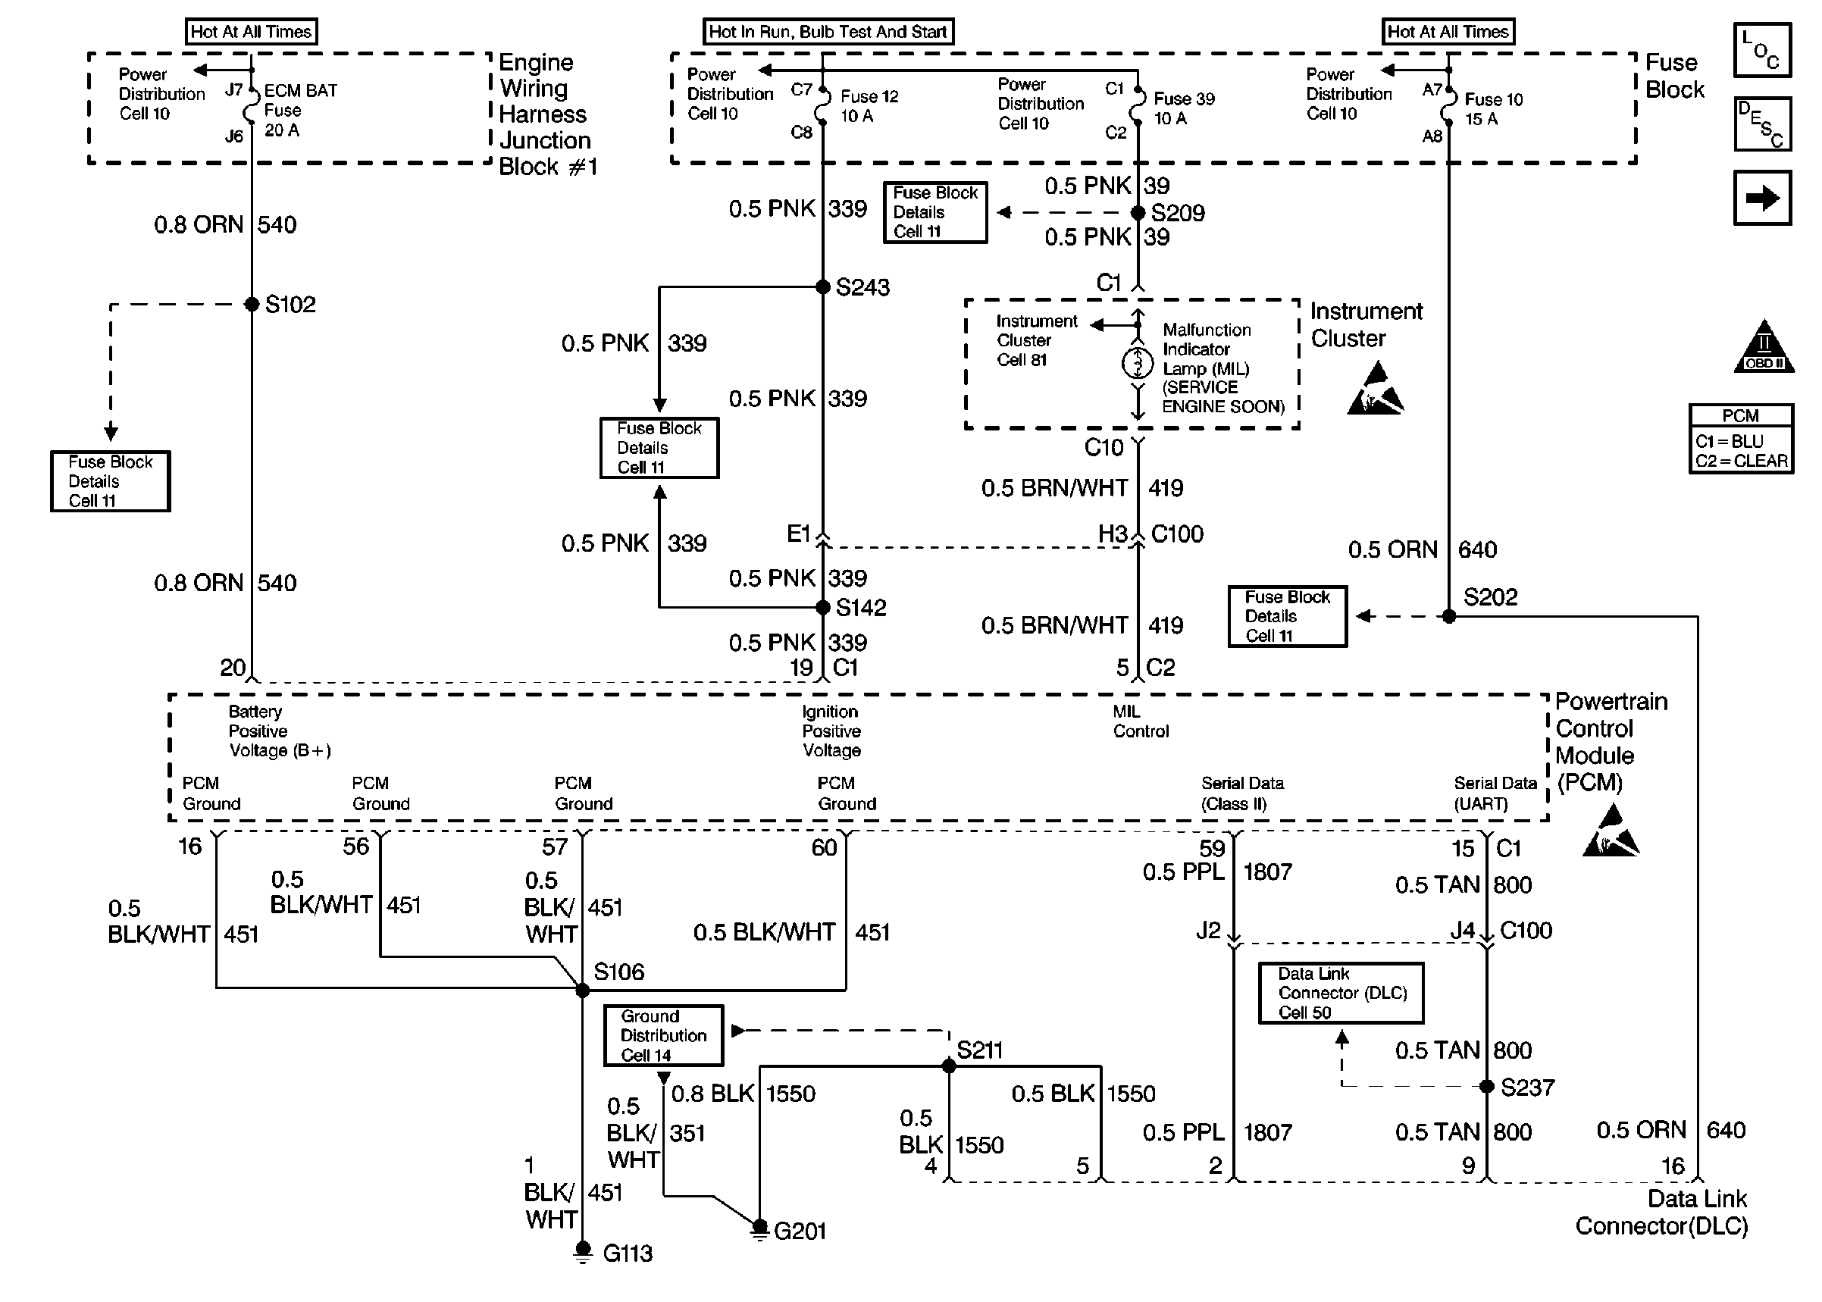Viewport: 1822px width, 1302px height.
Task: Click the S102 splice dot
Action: click(x=252, y=305)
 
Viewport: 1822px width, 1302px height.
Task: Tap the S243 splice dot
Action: click(x=822, y=287)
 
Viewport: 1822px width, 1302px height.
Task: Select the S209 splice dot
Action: click(x=1138, y=212)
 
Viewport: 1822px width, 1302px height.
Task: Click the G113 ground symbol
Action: click(x=583, y=1250)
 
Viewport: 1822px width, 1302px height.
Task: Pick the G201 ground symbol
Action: click(x=759, y=1228)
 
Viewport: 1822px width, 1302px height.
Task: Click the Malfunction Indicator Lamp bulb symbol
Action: click(x=1137, y=363)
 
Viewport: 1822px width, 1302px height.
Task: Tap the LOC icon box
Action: click(x=1762, y=50)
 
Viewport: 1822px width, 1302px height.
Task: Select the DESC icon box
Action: click(x=1762, y=124)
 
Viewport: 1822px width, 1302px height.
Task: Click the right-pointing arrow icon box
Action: click(x=1762, y=198)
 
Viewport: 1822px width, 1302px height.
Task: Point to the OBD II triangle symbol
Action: click(x=1764, y=347)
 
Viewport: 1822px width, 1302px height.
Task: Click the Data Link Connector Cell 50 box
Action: click(x=1340, y=994)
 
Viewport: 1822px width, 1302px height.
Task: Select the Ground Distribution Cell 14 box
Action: click(x=663, y=1036)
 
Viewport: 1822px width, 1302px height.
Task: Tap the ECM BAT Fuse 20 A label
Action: click(x=300, y=111)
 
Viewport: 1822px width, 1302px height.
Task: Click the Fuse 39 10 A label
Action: click(x=1183, y=108)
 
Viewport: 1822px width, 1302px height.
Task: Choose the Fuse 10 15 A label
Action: click(x=1492, y=109)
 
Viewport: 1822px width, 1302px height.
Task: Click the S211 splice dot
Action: click(x=949, y=1066)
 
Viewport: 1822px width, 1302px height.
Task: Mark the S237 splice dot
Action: click(x=1486, y=1087)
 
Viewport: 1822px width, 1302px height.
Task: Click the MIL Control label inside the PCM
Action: click(x=1140, y=721)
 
